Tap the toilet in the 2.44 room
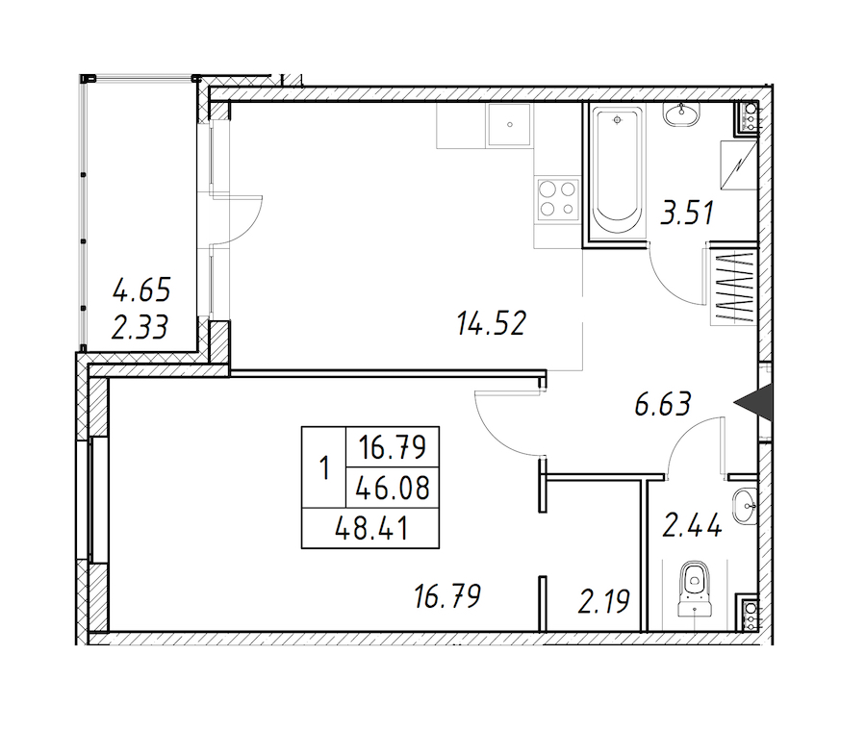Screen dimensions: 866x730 tap(694, 589)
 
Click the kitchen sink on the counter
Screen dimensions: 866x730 tap(509, 125)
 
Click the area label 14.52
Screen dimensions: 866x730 tap(492, 323)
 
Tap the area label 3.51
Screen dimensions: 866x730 tap(687, 213)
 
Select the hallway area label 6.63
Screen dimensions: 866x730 tap(663, 404)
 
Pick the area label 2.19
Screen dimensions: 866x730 tap(603, 601)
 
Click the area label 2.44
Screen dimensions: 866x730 tap(692, 525)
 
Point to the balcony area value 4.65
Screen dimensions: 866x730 tap(141, 290)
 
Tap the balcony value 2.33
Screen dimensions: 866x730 tap(140, 327)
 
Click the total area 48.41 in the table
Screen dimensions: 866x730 tap(371, 529)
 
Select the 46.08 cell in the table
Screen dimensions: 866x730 tap(393, 489)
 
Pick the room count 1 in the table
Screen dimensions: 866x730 tap(324, 467)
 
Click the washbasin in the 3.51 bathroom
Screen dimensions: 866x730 tap(682, 115)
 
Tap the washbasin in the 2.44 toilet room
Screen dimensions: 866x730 tap(746, 506)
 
